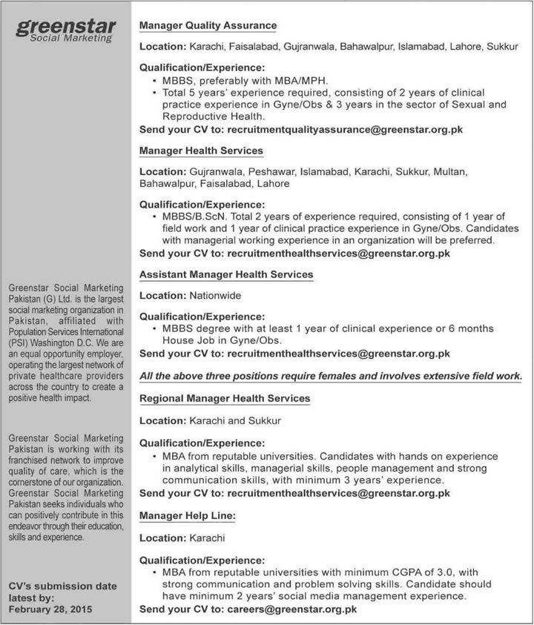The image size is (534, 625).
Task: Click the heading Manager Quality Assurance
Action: [x=208, y=26]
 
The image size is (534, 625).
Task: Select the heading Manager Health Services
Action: [x=201, y=151]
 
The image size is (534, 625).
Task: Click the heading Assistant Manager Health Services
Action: [x=226, y=275]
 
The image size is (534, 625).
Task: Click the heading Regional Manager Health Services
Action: [x=225, y=399]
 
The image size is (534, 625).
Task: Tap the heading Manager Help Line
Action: [x=188, y=514]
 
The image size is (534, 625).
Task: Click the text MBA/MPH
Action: [x=304, y=80]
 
